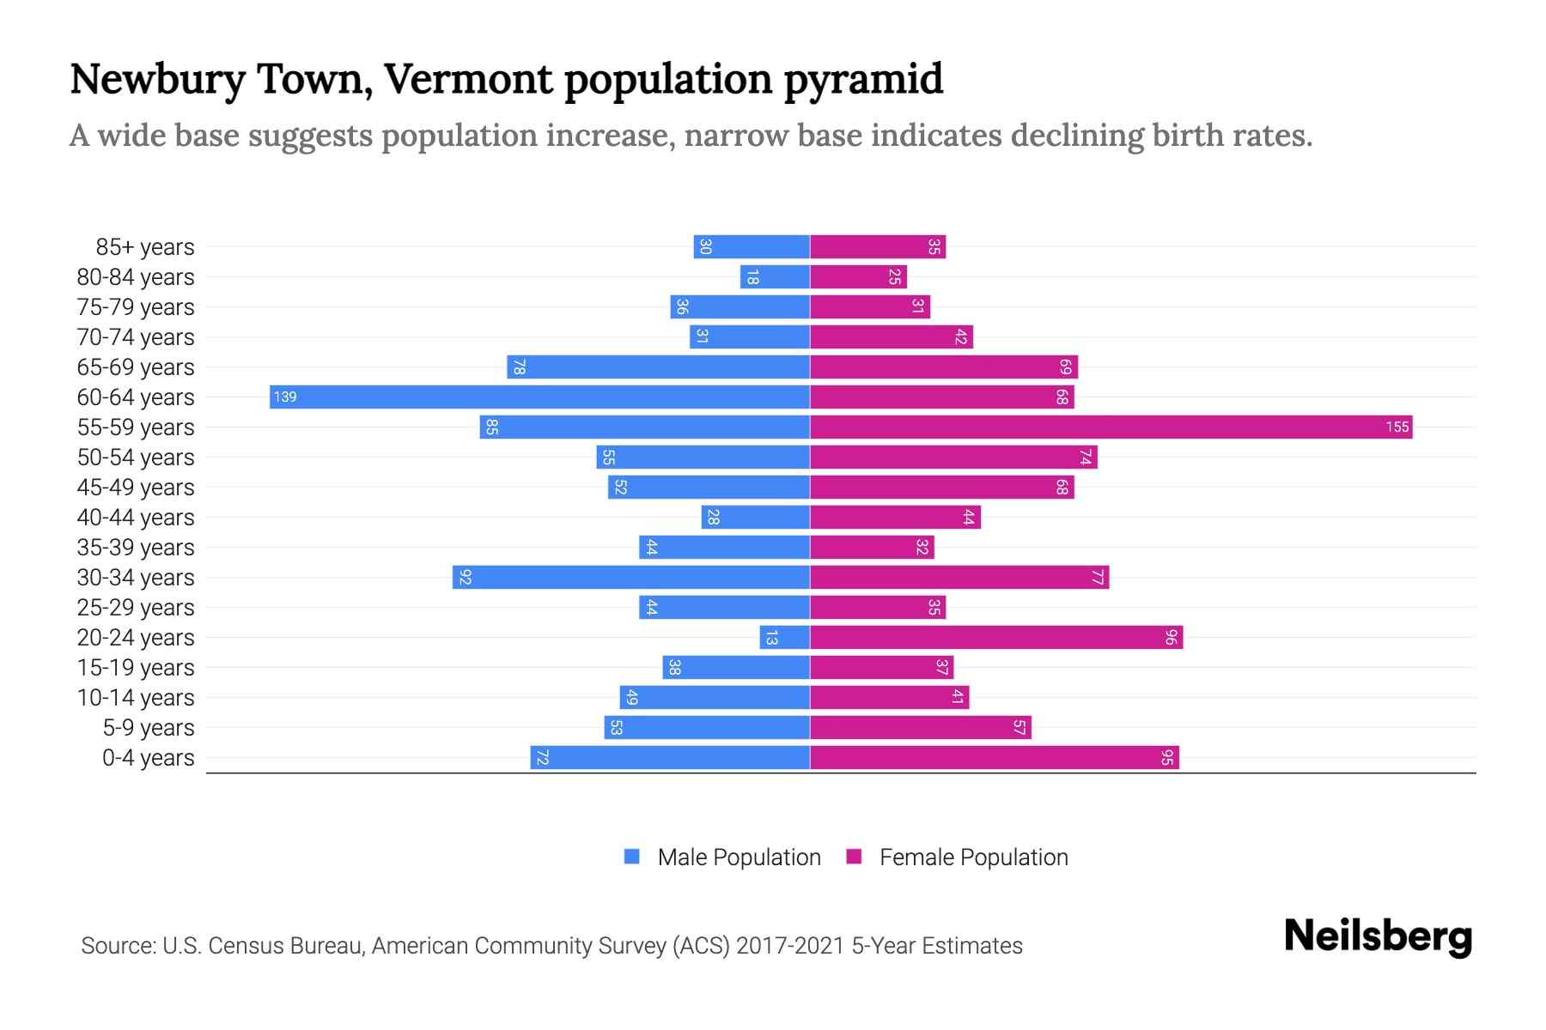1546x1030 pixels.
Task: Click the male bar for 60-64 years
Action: (539, 397)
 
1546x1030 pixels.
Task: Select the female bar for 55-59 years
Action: (1111, 427)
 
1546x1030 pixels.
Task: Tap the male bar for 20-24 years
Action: (785, 637)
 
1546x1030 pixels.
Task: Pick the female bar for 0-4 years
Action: (994, 757)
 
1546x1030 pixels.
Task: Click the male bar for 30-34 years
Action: (631, 577)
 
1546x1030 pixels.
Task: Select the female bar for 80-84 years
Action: (858, 276)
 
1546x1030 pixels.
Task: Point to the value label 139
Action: (285, 397)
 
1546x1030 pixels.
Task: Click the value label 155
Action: (1397, 427)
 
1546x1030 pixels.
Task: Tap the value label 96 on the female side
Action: (1171, 637)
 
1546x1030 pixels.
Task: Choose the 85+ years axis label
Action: (145, 247)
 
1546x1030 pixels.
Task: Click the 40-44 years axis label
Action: (136, 518)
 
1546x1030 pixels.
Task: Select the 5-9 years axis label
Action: (149, 728)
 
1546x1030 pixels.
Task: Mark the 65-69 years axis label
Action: (136, 367)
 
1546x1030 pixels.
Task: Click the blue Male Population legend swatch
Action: (632, 857)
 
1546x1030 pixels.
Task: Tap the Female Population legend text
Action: (973, 857)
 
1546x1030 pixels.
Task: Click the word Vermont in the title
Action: (468, 79)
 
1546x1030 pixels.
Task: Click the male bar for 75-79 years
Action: (740, 306)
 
